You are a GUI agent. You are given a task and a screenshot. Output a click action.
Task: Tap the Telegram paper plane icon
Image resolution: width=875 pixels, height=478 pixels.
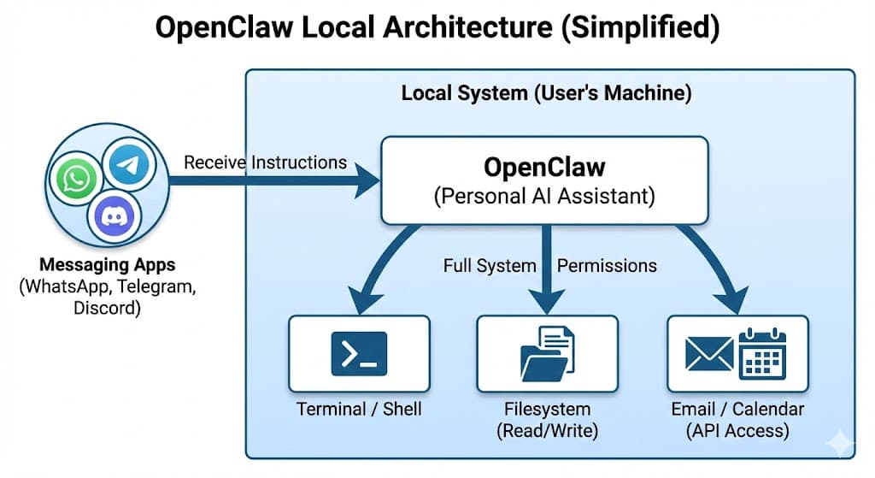point(129,166)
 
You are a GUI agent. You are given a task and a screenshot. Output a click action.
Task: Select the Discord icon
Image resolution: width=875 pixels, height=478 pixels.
point(114,217)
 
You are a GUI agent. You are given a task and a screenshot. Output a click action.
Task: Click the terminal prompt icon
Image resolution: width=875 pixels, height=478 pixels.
point(359,353)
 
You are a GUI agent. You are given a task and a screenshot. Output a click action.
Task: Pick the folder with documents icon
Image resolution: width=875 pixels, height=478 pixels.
point(547,353)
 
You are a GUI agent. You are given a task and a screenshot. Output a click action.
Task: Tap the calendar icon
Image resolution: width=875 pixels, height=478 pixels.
point(762,352)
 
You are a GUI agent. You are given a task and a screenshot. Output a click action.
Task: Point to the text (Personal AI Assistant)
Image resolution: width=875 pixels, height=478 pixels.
point(543,197)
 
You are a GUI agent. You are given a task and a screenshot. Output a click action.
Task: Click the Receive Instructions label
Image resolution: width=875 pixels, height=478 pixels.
point(265,162)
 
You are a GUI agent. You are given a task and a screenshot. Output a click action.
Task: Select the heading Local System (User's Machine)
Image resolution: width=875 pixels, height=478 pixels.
point(547,92)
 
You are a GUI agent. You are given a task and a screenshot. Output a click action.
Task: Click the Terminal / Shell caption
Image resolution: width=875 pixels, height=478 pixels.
point(359,409)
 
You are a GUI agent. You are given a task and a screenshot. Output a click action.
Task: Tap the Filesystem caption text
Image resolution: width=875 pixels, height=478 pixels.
point(547,409)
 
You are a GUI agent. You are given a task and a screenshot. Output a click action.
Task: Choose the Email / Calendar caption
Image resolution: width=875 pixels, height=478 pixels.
point(737,409)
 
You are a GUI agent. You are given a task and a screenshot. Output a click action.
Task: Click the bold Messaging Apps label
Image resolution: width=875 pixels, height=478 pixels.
point(108,266)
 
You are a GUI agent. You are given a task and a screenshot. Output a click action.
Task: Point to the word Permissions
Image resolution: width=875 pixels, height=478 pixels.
point(607,265)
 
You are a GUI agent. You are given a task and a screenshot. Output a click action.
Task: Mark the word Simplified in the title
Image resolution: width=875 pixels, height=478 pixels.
point(655,27)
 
